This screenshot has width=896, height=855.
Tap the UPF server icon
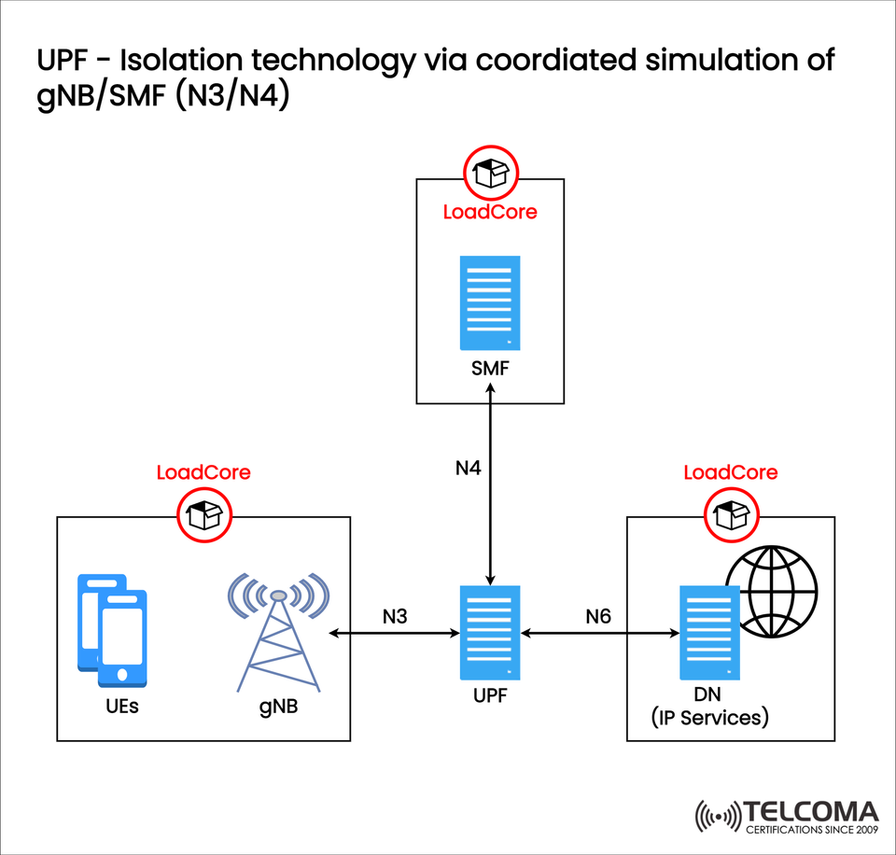point(490,632)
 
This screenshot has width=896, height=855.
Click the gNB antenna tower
point(277,635)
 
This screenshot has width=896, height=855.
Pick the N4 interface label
point(468,468)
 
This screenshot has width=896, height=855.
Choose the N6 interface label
point(600,616)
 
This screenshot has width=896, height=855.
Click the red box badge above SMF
point(491,174)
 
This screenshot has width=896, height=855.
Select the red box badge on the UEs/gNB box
point(203,513)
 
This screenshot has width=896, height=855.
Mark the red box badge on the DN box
point(730,513)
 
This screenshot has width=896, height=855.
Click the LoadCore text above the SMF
point(490,212)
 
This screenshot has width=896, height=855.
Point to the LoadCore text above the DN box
point(730,472)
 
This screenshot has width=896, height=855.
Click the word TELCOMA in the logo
point(811,811)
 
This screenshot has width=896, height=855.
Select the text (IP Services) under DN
point(709,718)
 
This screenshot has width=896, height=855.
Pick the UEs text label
point(121,706)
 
